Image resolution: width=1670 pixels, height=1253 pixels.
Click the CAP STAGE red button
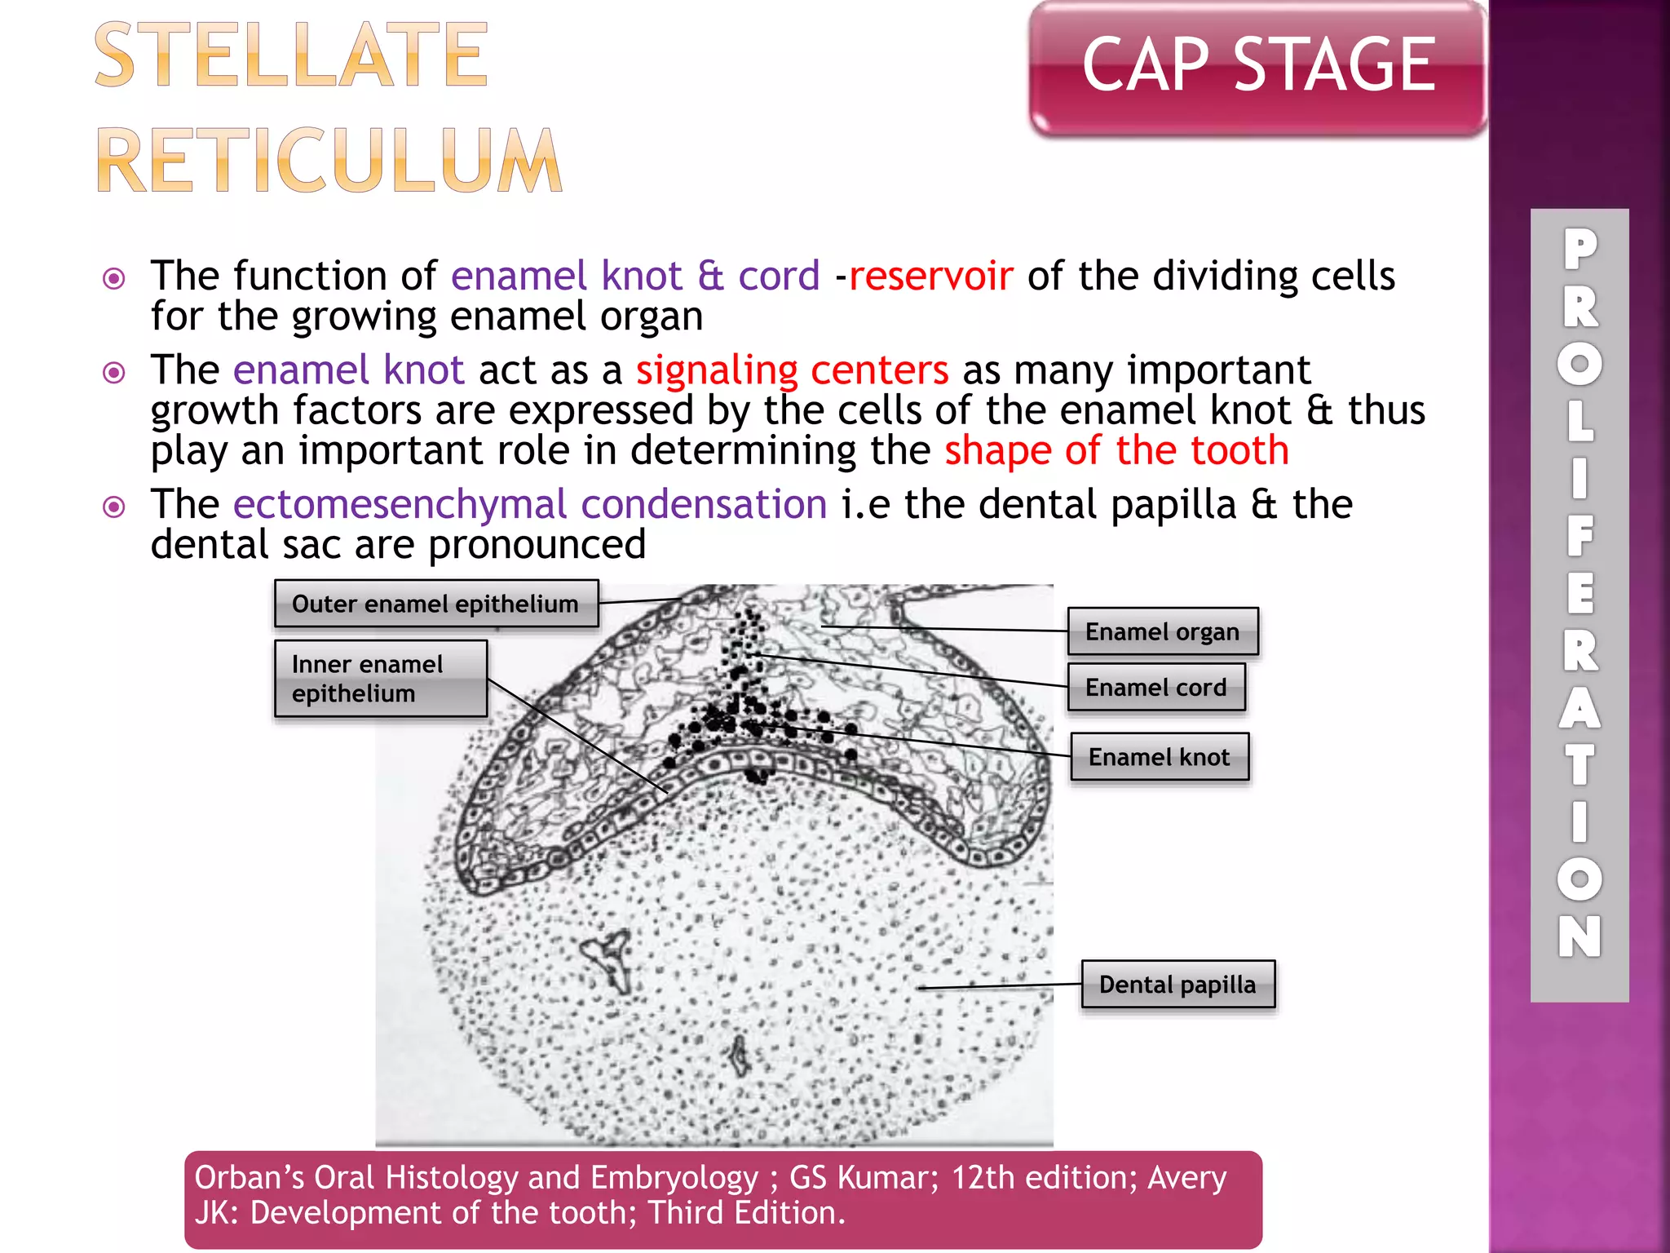pos(1257,67)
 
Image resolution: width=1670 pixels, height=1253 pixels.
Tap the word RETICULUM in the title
pos(329,161)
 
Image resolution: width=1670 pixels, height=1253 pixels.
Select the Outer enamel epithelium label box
pos(436,604)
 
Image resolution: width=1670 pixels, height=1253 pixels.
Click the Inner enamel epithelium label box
pos(381,679)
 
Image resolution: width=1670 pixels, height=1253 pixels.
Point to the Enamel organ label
pos(1163,631)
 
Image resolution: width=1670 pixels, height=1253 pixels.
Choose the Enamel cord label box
pos(1156,687)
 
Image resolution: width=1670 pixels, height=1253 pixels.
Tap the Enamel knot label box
pos(1159,757)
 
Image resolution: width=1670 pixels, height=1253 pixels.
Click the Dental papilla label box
pos(1177,985)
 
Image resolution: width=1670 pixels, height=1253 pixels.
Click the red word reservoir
pos(930,276)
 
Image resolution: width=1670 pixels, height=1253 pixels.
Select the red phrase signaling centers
pos(792,370)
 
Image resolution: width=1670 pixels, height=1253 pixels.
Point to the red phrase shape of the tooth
pos(1116,450)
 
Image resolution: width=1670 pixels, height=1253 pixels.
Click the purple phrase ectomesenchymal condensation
pos(530,504)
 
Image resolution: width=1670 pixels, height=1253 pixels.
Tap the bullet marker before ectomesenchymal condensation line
pos(114,507)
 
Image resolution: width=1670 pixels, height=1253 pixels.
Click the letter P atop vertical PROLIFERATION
pos(1579,249)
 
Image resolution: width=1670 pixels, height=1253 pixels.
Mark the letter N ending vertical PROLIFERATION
pos(1579,936)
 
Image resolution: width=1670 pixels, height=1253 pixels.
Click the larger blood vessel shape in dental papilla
pos(608,959)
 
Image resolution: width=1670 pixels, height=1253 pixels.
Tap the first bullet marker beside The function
pos(114,279)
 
